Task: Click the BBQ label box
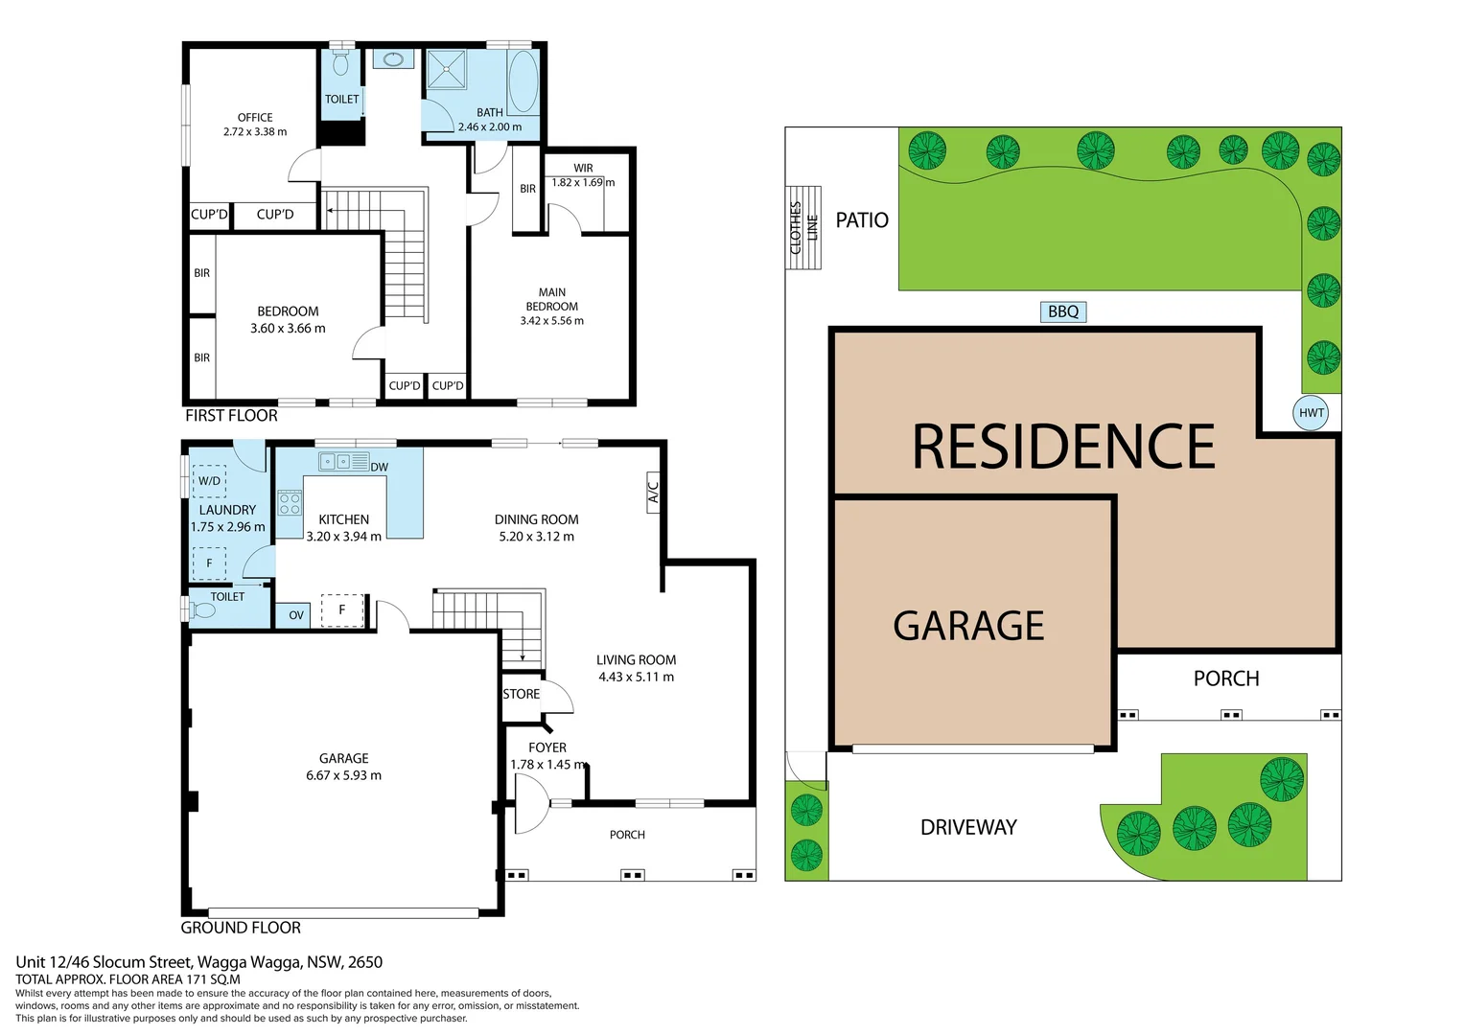1063,311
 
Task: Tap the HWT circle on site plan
1311,413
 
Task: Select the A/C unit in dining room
653,493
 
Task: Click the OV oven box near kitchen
296,615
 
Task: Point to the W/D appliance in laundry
209,481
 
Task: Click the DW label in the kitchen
380,468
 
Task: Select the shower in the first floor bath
446,69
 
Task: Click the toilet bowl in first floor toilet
340,63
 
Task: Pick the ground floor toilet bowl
203,609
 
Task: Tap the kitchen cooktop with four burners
290,503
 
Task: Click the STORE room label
522,694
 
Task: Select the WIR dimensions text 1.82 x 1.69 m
583,182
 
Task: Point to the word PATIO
862,220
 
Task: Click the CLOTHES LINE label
803,227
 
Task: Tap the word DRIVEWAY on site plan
968,827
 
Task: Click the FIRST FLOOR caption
231,416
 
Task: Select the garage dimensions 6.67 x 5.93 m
343,775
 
